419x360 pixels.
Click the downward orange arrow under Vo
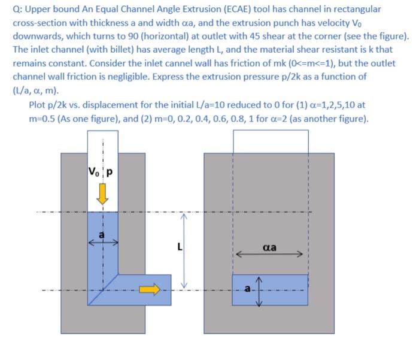103,193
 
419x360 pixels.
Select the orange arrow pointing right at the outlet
150,290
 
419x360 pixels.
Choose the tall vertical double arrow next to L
184,251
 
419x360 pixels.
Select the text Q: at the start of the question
18,10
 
